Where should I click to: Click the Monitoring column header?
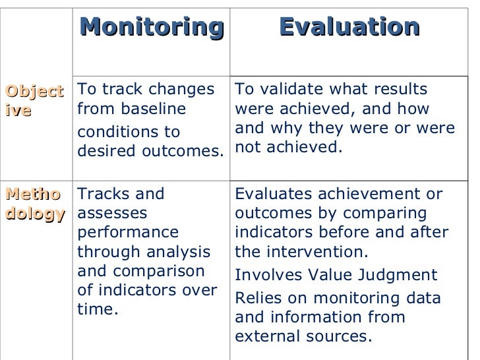click(152, 27)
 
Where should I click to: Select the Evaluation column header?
click(349, 27)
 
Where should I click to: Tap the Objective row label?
click(34, 100)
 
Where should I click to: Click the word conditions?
click(110, 131)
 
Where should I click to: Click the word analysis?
click(180, 252)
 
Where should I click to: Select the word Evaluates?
click(266, 195)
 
